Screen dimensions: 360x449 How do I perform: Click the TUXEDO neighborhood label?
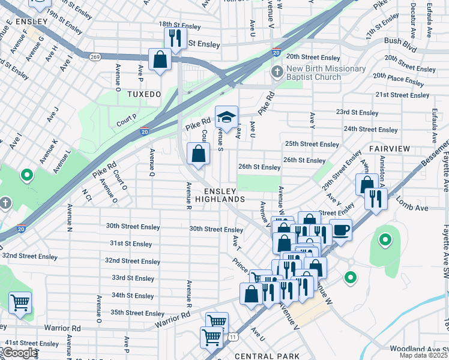(x=144, y=95)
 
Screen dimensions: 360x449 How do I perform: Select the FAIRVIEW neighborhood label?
(x=389, y=148)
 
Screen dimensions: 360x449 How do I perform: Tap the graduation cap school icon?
(x=226, y=117)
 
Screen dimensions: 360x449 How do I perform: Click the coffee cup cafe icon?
(x=340, y=230)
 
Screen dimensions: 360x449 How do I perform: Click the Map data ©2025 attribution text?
(x=424, y=356)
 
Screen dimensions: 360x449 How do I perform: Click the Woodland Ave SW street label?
(x=418, y=349)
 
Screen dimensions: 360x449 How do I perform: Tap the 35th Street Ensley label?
(x=137, y=313)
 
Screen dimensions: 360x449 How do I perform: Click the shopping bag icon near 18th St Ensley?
(x=160, y=60)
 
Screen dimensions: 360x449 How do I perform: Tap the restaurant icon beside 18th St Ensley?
(x=175, y=39)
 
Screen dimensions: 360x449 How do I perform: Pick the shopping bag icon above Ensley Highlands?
(x=198, y=154)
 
